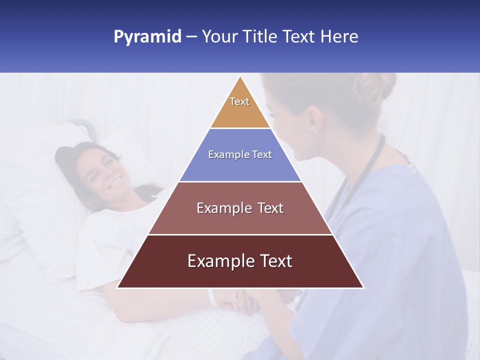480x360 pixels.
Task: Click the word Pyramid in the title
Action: (x=147, y=37)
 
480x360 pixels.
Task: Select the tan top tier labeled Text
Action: (x=240, y=107)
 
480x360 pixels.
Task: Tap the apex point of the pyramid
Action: (x=240, y=76)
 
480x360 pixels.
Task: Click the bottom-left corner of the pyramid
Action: (x=118, y=287)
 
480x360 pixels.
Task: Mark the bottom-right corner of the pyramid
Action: (x=363, y=287)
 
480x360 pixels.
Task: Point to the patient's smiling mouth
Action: (x=114, y=183)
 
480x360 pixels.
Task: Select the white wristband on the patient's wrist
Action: (x=212, y=298)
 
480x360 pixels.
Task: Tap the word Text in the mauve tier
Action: (x=269, y=208)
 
